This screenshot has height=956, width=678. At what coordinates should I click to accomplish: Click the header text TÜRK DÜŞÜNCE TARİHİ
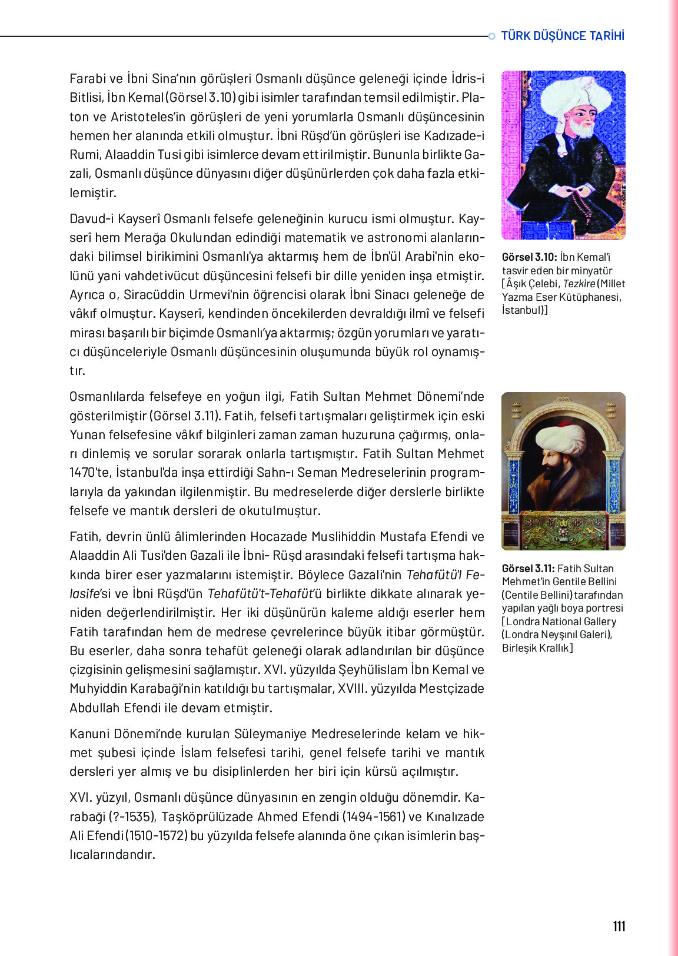pos(562,36)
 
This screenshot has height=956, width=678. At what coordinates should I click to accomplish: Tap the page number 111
pos(619,926)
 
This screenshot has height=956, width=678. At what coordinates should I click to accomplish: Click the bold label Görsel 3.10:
pos(529,257)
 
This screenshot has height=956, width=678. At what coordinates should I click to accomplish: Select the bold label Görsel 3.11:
pos(528,569)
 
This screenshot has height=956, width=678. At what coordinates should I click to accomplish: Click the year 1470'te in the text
pos(90,473)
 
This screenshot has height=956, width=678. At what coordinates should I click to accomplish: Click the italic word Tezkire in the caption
pos(579,284)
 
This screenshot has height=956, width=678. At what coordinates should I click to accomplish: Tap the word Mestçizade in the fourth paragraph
pos(451,689)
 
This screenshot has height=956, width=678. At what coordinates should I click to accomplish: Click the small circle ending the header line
pos(491,36)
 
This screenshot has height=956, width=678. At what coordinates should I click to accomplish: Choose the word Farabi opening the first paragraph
pos(88,79)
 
